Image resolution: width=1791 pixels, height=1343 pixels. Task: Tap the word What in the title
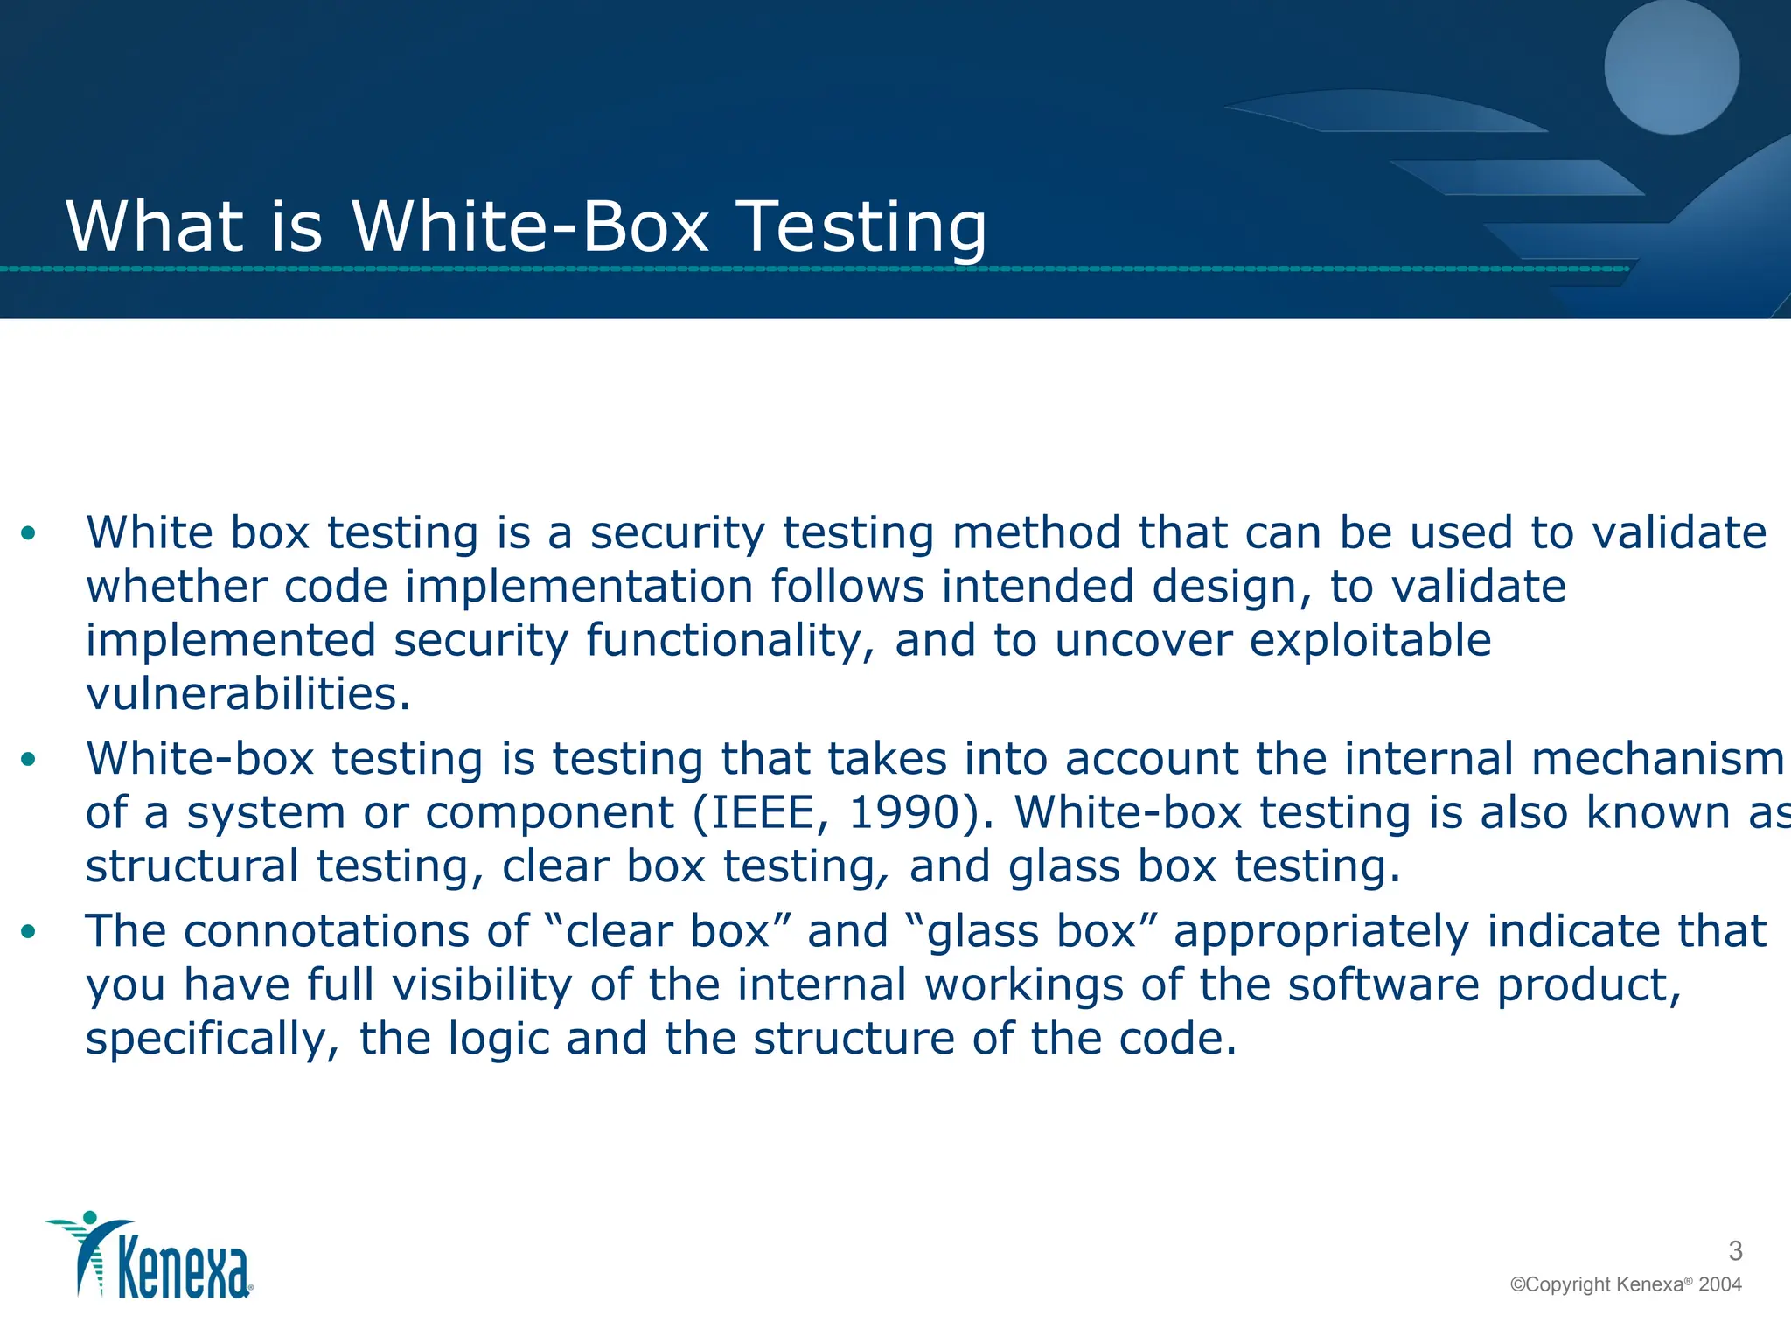[154, 227]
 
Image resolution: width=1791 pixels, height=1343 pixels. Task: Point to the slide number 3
[1735, 1251]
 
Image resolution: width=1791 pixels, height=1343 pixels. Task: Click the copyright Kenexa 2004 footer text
[1626, 1284]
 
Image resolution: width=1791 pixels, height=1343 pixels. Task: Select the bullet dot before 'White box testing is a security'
[29, 532]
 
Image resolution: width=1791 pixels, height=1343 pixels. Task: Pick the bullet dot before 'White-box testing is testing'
[29, 759]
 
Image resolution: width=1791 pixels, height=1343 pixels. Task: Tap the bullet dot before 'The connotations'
[29, 931]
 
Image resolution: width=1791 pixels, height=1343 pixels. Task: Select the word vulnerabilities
[247, 694]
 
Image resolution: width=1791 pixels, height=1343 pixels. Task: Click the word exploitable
[1369, 640]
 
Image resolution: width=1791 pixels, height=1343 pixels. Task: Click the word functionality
[729, 640]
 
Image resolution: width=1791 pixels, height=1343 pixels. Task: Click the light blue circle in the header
[1671, 66]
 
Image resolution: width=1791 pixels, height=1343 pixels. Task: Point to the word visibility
[482, 985]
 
